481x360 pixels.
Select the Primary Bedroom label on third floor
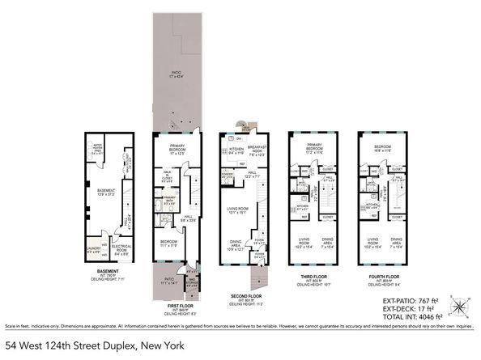pyautogui.click(x=311, y=150)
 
